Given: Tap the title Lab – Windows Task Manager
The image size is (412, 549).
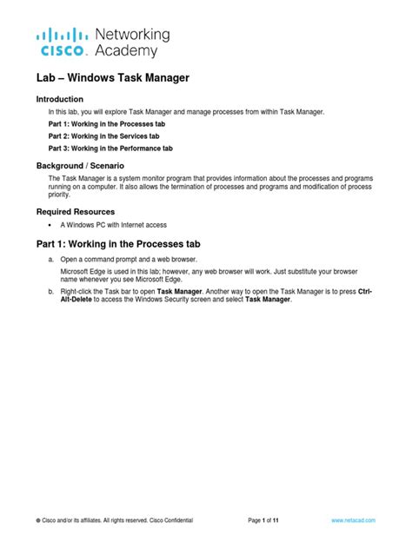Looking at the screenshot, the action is [x=112, y=78].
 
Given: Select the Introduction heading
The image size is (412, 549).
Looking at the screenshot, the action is [x=60, y=99].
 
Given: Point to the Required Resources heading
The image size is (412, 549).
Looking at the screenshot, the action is [x=75, y=211].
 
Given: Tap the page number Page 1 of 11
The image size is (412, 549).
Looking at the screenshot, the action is [x=262, y=520].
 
